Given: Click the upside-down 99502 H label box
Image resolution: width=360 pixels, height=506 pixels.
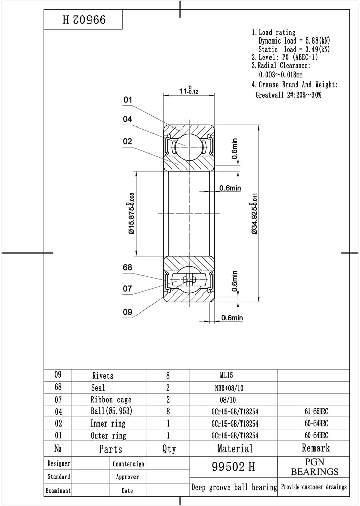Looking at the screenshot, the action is pos(83,19).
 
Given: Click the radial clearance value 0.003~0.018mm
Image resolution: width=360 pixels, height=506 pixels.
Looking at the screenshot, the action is pos(281,75).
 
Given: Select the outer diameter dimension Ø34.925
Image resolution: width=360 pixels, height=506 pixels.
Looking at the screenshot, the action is pos(254,219).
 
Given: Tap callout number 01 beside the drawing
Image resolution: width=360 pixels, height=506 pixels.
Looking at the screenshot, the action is pos(128,100).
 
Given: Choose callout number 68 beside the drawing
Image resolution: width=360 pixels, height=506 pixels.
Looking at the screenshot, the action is pos(128,268).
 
